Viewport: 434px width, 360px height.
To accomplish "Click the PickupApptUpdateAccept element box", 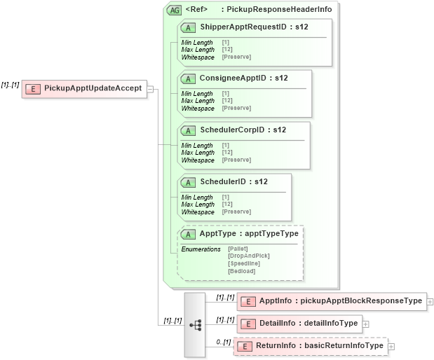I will [85, 89].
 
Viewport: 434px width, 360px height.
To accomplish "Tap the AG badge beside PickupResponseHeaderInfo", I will [173, 10].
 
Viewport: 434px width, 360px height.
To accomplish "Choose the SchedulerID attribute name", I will [224, 182].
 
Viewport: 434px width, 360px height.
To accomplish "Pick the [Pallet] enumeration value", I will [238, 249].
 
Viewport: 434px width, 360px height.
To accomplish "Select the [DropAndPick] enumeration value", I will [248, 256].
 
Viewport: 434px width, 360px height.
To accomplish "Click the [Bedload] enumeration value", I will [241, 271].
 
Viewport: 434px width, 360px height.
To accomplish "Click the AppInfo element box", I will [332, 301].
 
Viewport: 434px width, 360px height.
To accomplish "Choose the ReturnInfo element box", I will [310, 346].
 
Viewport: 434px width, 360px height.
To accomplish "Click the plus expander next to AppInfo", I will [430, 302].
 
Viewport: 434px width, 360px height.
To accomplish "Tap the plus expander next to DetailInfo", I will [365, 324].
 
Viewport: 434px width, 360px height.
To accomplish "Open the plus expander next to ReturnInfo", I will [391, 347].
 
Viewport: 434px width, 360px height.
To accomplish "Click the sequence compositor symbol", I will [195, 324].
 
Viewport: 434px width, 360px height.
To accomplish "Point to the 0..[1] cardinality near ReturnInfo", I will [223, 341].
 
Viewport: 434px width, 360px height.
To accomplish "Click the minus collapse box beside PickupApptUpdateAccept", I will [151, 90].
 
